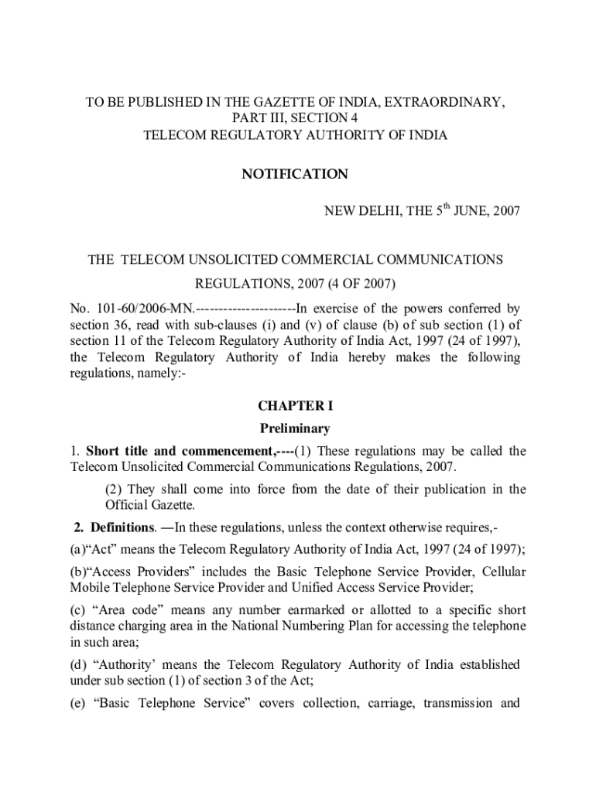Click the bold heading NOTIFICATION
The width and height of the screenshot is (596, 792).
[x=294, y=175]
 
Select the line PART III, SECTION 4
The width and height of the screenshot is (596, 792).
[x=295, y=118]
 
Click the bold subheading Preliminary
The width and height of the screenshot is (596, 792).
[x=294, y=428]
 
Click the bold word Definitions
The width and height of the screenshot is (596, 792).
[x=122, y=528]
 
